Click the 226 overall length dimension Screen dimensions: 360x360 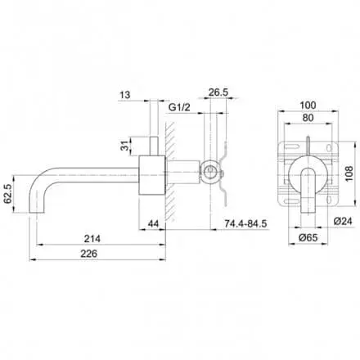click(88, 254)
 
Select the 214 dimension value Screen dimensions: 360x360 click(92, 239)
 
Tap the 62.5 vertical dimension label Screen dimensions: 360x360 click(7, 194)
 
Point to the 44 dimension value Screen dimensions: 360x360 click(153, 224)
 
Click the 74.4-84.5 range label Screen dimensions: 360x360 click(245, 224)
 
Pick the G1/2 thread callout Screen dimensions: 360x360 click(179, 107)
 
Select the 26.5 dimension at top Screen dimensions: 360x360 click(218, 92)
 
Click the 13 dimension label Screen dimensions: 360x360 click(125, 95)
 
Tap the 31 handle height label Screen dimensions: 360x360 click(124, 146)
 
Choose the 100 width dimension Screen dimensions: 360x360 click(308, 106)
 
